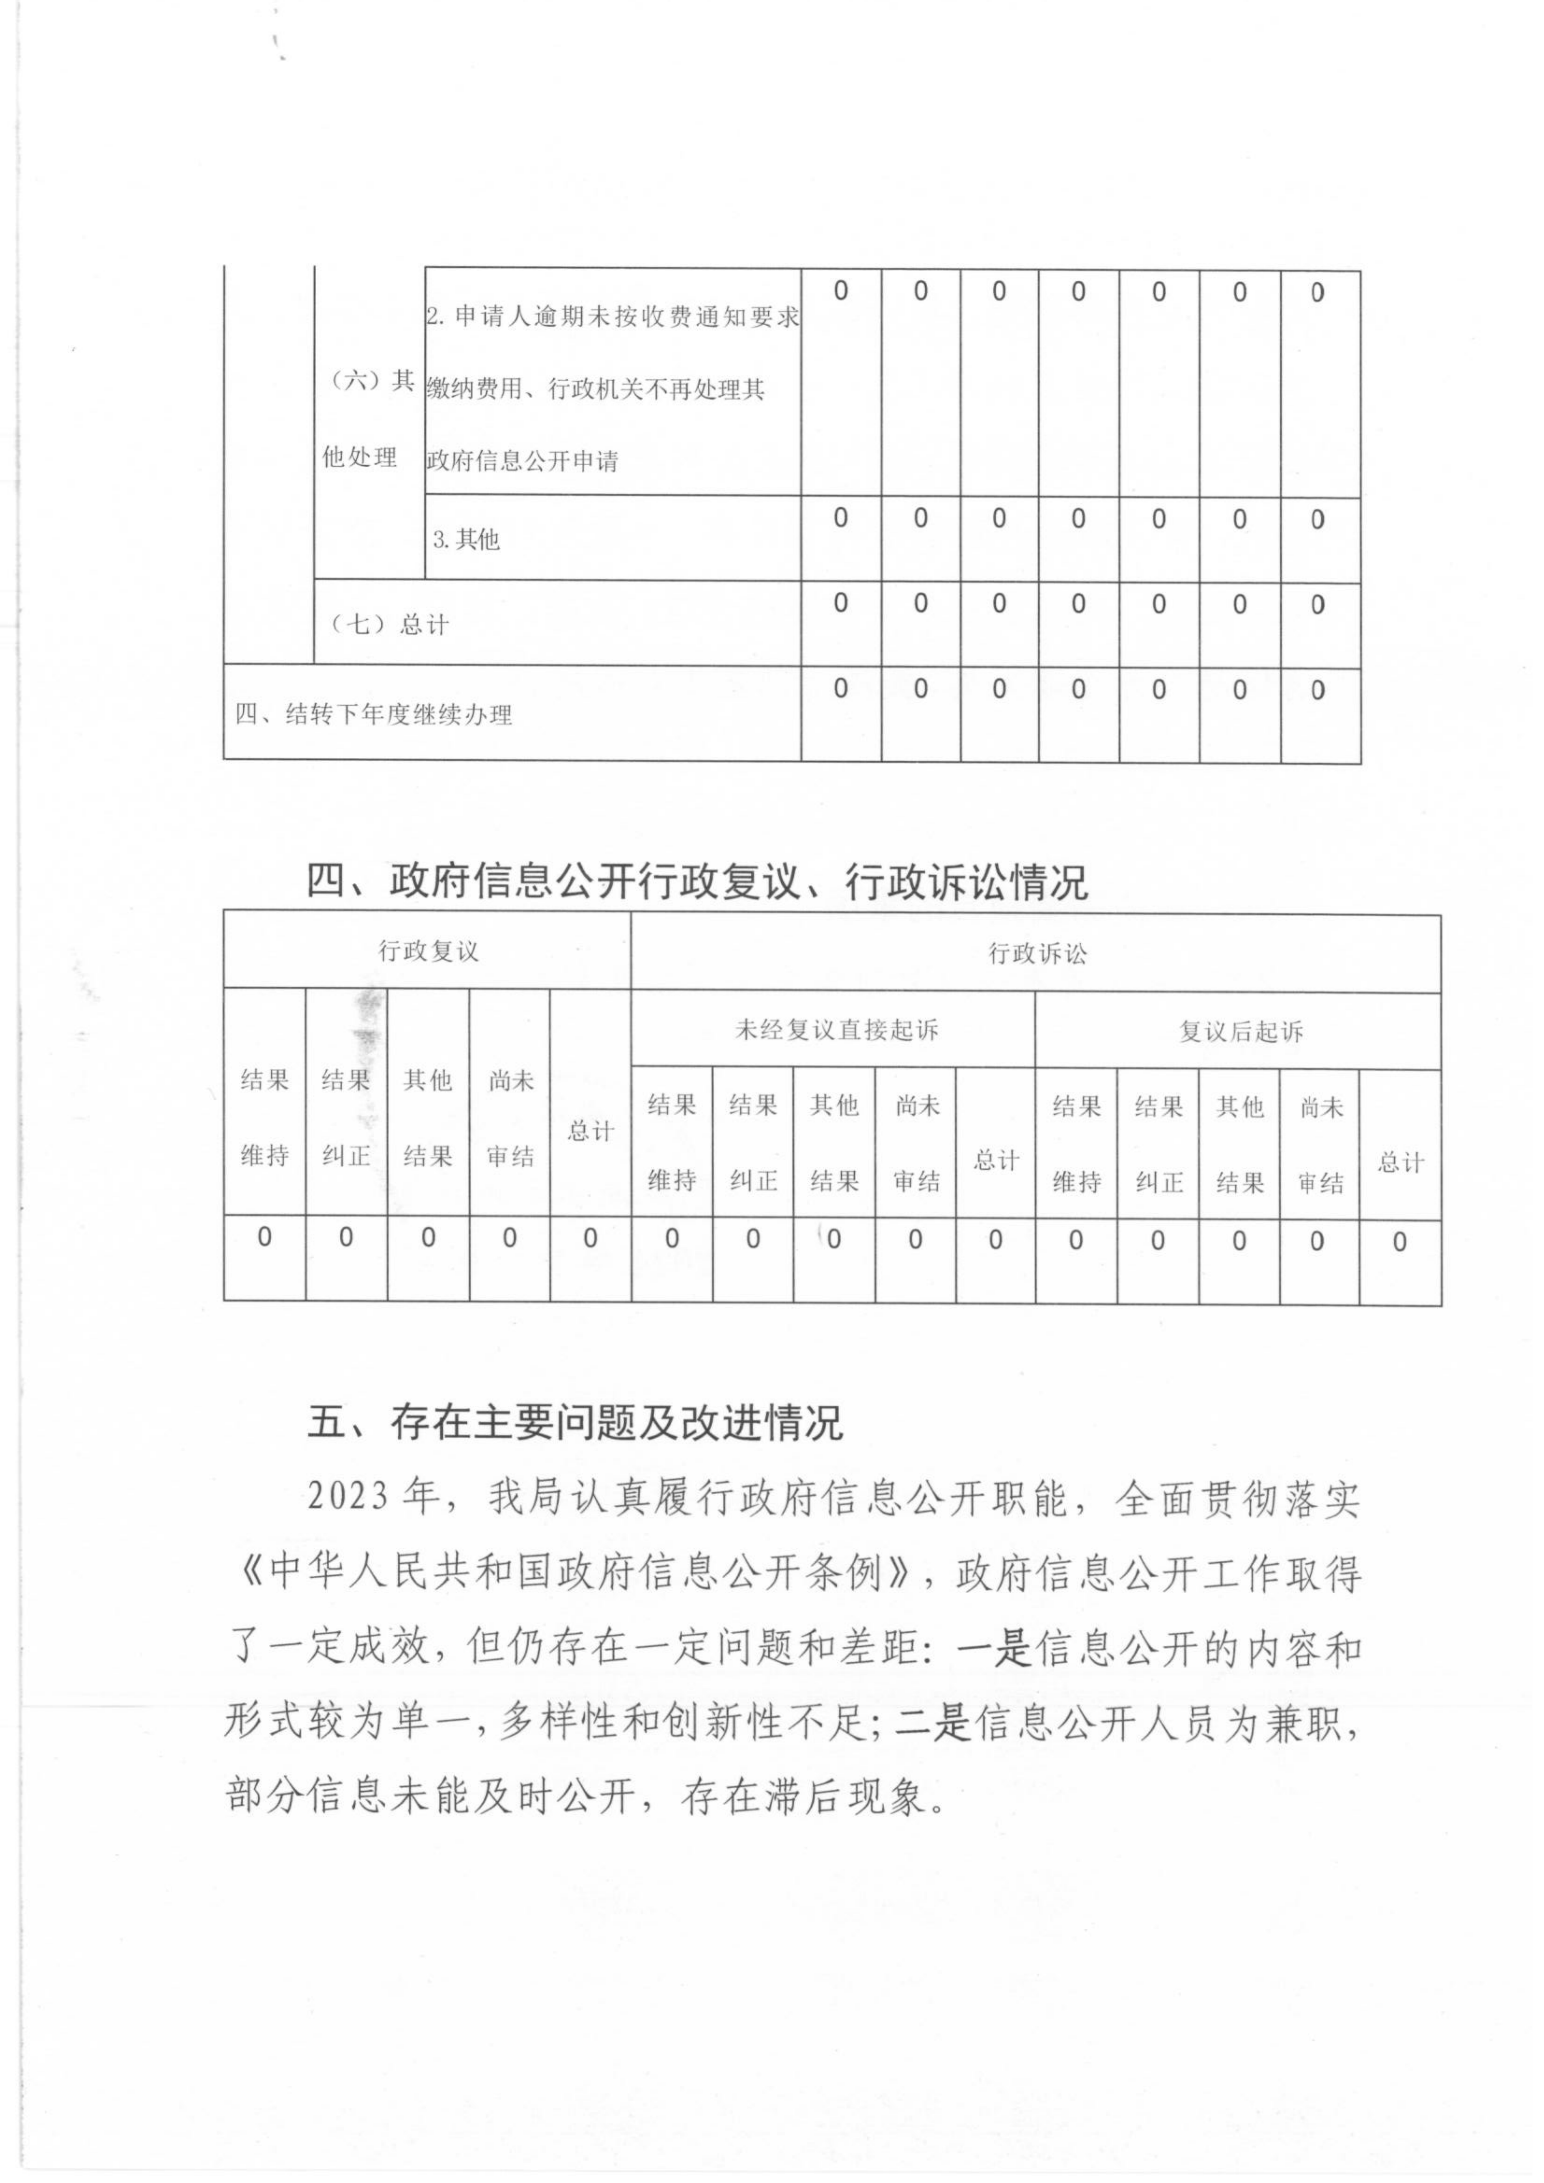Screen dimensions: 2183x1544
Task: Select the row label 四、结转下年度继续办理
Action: pyautogui.click(x=374, y=714)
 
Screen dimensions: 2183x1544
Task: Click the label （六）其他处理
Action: pyautogui.click(x=367, y=419)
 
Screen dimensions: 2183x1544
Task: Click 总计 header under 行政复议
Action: pyautogui.click(x=590, y=1132)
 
